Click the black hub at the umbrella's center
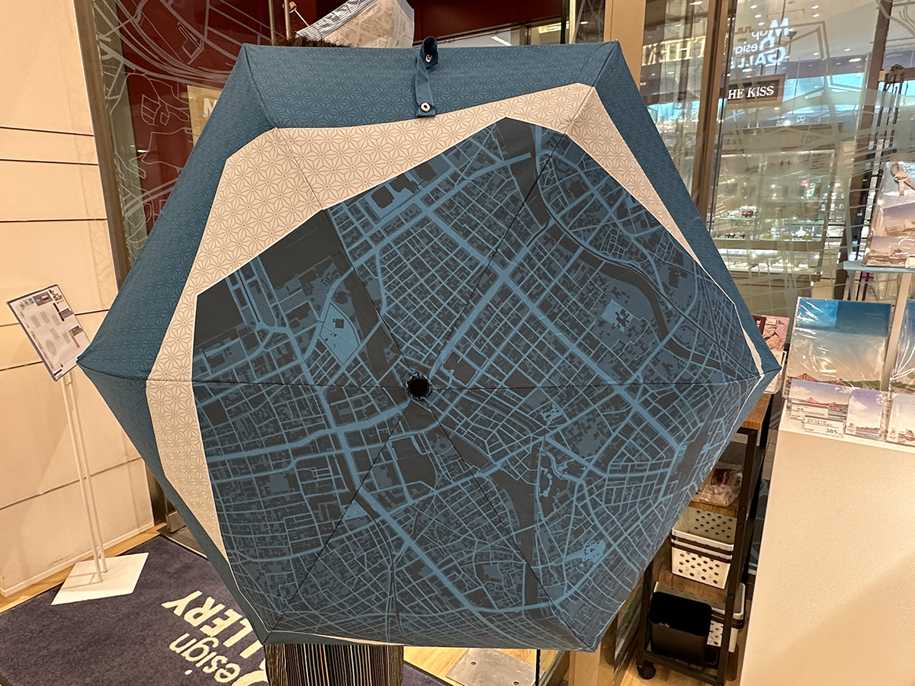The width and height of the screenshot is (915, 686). [419, 386]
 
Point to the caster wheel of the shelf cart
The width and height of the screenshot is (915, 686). [647, 670]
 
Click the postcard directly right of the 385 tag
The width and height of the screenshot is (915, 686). [865, 414]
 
